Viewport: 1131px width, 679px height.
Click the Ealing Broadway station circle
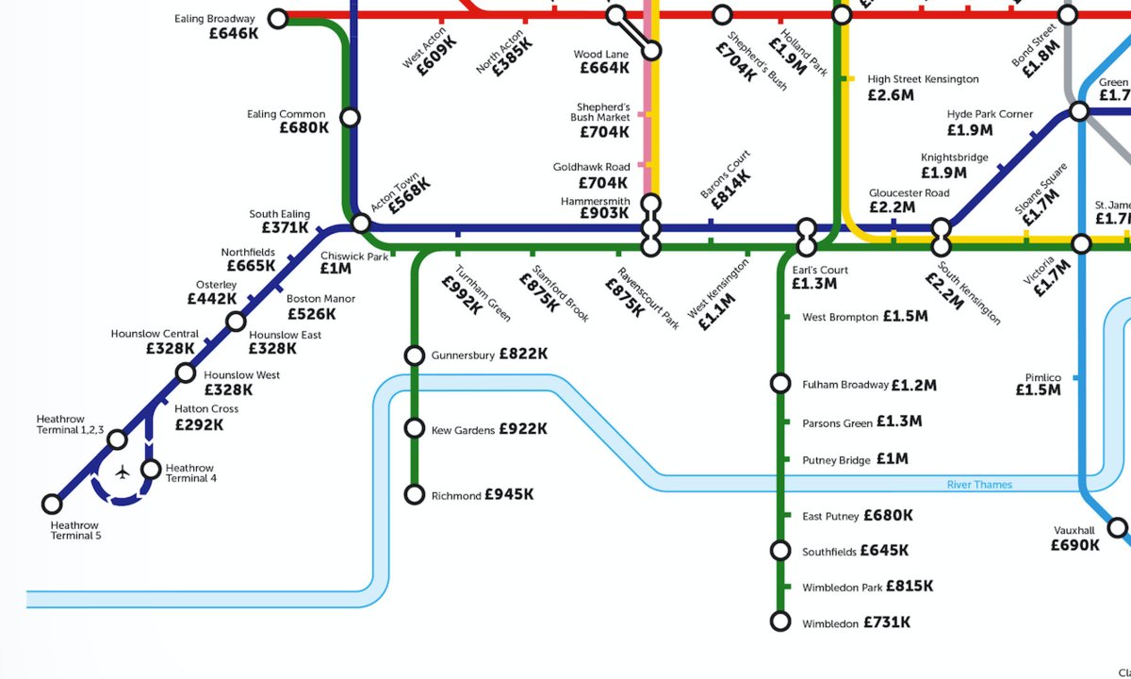point(278,18)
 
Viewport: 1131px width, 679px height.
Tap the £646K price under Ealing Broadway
point(234,33)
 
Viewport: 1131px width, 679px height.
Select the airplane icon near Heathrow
point(123,472)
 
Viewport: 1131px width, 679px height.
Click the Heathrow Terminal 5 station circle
point(53,504)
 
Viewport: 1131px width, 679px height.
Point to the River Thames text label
point(979,485)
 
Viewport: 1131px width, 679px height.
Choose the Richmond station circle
point(414,494)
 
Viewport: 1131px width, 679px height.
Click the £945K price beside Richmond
point(509,494)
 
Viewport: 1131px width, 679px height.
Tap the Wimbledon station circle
point(780,621)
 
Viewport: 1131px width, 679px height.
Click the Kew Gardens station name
point(462,431)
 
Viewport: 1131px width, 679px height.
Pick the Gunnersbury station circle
point(414,355)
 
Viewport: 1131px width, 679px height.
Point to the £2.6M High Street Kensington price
point(891,95)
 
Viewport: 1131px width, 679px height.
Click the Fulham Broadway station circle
point(780,383)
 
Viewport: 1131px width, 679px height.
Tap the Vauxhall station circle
point(1117,527)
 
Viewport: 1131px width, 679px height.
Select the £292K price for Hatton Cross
point(200,424)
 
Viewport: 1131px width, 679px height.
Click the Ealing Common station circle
point(350,117)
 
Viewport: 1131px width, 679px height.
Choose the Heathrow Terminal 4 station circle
point(151,469)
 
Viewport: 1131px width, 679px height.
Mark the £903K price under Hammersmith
point(604,214)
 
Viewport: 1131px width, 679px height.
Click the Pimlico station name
point(1042,377)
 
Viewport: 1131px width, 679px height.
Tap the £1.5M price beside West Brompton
point(905,317)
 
